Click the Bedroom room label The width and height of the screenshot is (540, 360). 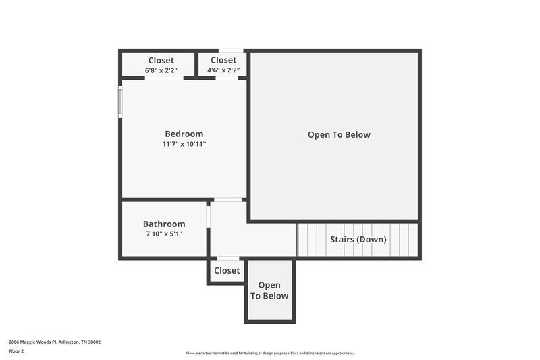184,134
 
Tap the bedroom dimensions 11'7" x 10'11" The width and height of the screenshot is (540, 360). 184,144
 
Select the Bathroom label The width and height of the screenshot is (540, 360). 164,224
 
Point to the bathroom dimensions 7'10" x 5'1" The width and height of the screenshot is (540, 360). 164,234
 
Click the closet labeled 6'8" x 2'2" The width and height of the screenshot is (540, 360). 161,65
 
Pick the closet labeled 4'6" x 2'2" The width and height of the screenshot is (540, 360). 223,65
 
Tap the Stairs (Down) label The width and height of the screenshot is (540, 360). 358,239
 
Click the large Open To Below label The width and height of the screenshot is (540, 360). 339,134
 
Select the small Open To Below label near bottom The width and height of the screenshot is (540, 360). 269,290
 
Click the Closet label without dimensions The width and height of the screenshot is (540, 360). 227,270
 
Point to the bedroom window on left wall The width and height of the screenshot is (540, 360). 121,101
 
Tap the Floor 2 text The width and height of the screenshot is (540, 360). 16,351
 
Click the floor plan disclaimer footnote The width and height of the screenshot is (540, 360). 269,353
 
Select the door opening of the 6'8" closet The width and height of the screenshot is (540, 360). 164,78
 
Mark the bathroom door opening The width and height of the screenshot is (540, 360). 209,217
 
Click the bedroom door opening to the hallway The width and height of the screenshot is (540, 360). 228,199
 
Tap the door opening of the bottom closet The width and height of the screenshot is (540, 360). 227,258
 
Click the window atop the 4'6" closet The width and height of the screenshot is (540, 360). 231,51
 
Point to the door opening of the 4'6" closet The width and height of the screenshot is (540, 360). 227,78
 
